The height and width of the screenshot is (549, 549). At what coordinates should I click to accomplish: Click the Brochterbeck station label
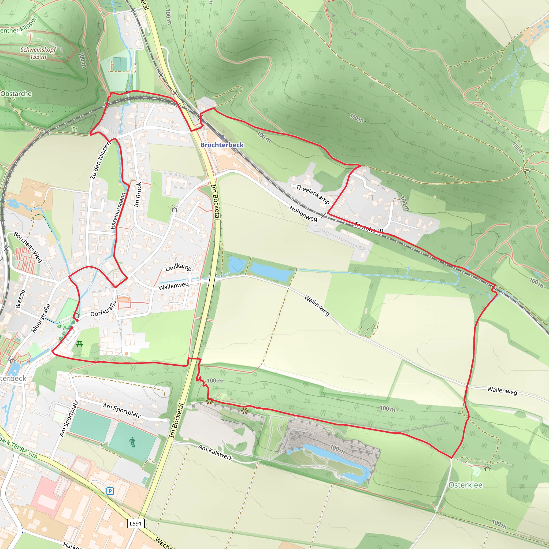pos(222,145)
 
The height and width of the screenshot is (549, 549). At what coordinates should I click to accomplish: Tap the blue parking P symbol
pos(110,491)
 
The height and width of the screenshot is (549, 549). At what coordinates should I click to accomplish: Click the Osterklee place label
pos(465,485)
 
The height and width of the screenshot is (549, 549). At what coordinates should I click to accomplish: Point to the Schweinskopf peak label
pos(38,53)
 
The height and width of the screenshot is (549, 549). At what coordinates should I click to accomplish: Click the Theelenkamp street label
pos(313,194)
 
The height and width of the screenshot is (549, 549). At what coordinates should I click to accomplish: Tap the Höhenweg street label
pos(303,213)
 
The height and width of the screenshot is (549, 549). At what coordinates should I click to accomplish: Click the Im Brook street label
pos(138,195)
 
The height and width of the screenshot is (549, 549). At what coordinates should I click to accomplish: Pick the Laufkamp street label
pos(178,267)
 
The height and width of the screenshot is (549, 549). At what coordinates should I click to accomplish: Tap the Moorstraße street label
pos(41,318)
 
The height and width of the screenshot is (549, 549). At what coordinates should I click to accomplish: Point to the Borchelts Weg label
pos(28,247)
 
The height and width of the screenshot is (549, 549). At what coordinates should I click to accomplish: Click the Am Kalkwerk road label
pos(215,452)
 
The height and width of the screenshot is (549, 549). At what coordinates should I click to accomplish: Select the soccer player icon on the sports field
pos(132,442)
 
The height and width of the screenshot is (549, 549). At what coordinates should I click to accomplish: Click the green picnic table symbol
pos(80,344)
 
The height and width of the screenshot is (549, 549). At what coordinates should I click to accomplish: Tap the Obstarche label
pos(16,94)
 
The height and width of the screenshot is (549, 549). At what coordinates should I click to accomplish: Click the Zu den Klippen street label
pos(100,161)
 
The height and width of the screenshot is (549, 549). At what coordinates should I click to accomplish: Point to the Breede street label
pos(20,299)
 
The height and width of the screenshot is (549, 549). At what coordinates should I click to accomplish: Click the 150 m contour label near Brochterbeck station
pos(356,118)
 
